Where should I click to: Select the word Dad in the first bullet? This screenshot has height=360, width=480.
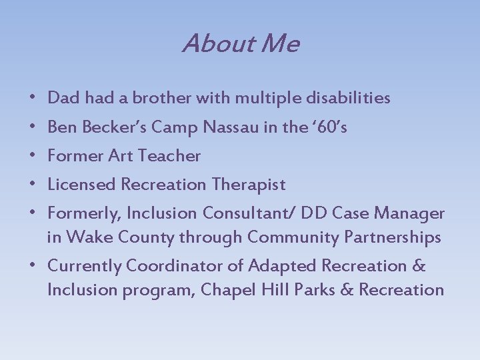pyautogui.click(x=63, y=99)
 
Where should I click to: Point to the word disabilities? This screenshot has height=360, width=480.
pyautogui.click(x=348, y=99)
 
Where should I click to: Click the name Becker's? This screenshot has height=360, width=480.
pyautogui.click(x=113, y=127)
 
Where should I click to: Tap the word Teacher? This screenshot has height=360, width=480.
pyautogui.click(x=169, y=156)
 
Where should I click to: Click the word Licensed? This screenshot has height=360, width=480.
pyautogui.click(x=81, y=185)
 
